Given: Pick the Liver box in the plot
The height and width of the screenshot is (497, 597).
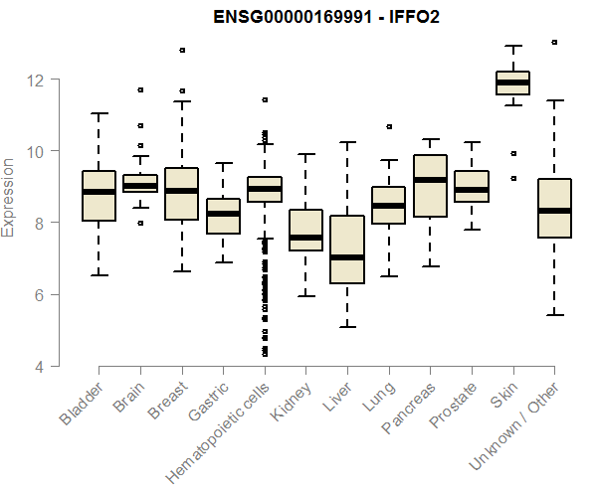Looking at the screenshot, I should click(x=347, y=249).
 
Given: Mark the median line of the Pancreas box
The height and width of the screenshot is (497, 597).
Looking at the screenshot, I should click(x=430, y=180).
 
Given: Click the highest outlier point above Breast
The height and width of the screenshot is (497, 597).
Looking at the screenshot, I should click(x=182, y=50).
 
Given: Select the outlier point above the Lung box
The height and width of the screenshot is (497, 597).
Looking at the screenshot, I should click(x=389, y=126).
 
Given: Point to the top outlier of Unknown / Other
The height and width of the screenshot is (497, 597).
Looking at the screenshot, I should click(x=554, y=43).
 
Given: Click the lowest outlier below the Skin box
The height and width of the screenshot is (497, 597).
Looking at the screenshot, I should click(x=513, y=178).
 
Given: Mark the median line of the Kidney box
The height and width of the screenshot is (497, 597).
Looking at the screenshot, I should click(x=305, y=238).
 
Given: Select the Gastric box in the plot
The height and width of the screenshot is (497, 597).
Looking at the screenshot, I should click(x=223, y=216).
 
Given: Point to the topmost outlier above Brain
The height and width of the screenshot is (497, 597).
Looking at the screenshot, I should click(x=140, y=89).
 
